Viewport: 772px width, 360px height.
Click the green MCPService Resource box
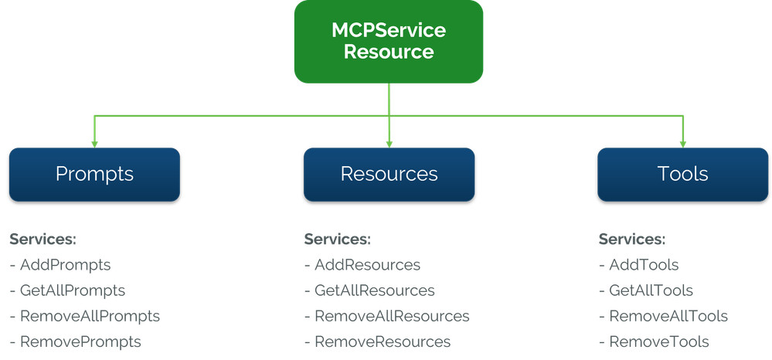(x=389, y=42)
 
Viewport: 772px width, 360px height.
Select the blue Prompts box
(x=94, y=174)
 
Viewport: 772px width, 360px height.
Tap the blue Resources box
(x=389, y=174)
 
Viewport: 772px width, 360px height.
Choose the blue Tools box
(x=683, y=174)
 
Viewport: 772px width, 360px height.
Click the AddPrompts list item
(x=60, y=265)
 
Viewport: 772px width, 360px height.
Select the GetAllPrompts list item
(x=67, y=290)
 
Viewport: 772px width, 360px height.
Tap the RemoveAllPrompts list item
(x=84, y=316)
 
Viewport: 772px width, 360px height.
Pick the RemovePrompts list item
(x=76, y=341)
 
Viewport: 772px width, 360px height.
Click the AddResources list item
(x=362, y=265)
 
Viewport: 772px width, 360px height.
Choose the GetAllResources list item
(x=369, y=290)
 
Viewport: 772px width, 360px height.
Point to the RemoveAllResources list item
(x=386, y=316)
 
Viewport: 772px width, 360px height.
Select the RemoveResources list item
(x=377, y=341)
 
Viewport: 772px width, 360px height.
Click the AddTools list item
(x=638, y=265)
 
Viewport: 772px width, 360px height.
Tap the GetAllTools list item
(x=645, y=290)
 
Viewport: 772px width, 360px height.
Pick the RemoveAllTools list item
(x=662, y=316)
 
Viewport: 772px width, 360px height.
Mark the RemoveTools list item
(x=654, y=341)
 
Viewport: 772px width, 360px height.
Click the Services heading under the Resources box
(x=337, y=239)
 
